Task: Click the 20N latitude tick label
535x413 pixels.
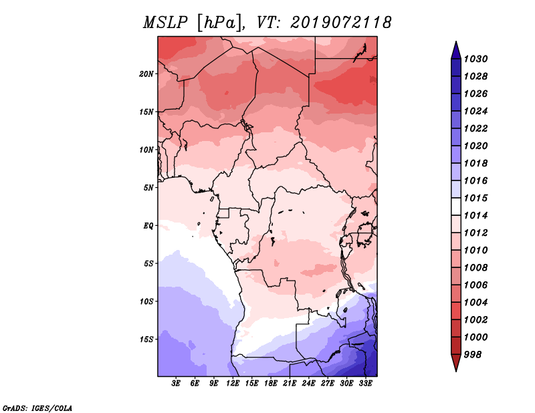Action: [146, 74]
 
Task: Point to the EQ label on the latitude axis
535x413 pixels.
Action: [148, 226]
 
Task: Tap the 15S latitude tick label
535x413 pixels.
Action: [146, 339]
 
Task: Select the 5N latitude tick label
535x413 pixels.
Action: [148, 188]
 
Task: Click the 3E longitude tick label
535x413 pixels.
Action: [176, 384]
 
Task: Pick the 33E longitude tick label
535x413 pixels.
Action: [365, 384]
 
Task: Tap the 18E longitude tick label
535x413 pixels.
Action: [271, 384]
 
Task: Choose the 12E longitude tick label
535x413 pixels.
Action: [233, 384]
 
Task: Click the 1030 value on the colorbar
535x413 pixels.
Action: [476, 59]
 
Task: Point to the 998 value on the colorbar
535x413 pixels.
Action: [473, 355]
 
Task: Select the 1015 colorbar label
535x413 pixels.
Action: [476, 198]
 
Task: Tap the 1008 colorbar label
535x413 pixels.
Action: [476, 268]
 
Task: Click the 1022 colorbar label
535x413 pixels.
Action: [476, 128]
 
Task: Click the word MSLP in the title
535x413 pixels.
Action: [165, 23]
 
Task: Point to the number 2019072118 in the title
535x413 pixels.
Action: [341, 23]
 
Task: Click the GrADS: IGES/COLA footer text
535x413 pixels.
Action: [37, 408]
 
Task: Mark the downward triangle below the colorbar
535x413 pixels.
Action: [456, 362]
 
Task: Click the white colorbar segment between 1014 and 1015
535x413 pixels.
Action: [456, 206]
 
